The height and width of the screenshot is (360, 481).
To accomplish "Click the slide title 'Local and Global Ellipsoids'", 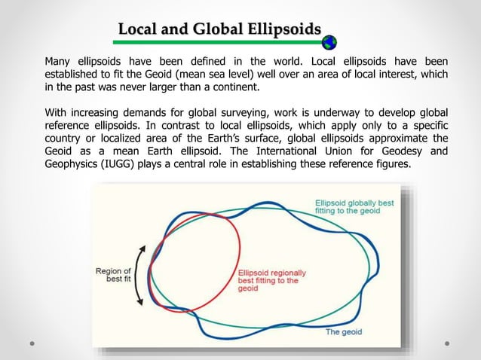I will point(219,30).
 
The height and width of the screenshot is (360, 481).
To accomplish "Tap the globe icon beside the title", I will point(329,42).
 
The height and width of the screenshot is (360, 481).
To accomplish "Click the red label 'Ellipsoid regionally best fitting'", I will point(268,280).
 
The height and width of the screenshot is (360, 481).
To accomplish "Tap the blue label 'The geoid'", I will point(343,331).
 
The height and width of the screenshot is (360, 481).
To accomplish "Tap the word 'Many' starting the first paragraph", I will point(59,61).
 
